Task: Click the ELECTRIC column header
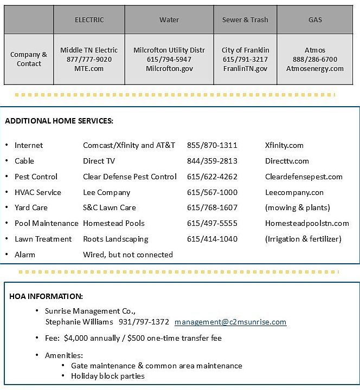pyautogui.click(x=89, y=20)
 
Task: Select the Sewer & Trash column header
pyautogui.click(x=245, y=20)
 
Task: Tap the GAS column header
pyautogui.click(x=315, y=20)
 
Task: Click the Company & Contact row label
pyautogui.click(x=29, y=59)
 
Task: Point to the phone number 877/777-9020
pyautogui.click(x=89, y=60)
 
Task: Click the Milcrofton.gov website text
pyautogui.click(x=169, y=69)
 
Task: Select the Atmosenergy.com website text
pyautogui.click(x=315, y=69)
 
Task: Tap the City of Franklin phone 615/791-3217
pyautogui.click(x=245, y=60)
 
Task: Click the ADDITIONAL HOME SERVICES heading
pyautogui.click(x=59, y=121)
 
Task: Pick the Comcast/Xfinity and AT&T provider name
pyautogui.click(x=129, y=145)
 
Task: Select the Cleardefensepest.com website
pyautogui.click(x=304, y=177)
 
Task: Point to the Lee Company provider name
pyautogui.click(x=107, y=192)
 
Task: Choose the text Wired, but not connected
pyautogui.click(x=128, y=255)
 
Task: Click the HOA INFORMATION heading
pyautogui.click(x=46, y=296)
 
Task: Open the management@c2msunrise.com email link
pyautogui.click(x=230, y=322)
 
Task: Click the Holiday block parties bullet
pyautogui.click(x=108, y=376)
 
